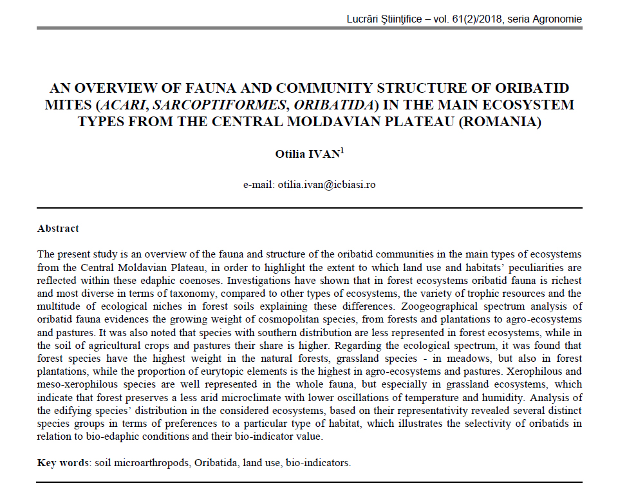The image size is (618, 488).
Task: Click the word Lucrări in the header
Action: pos(364,19)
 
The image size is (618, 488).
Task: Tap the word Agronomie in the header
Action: pos(557,19)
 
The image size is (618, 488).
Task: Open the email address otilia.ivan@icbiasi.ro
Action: pos(326,185)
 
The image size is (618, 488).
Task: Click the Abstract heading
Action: pos(58,228)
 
